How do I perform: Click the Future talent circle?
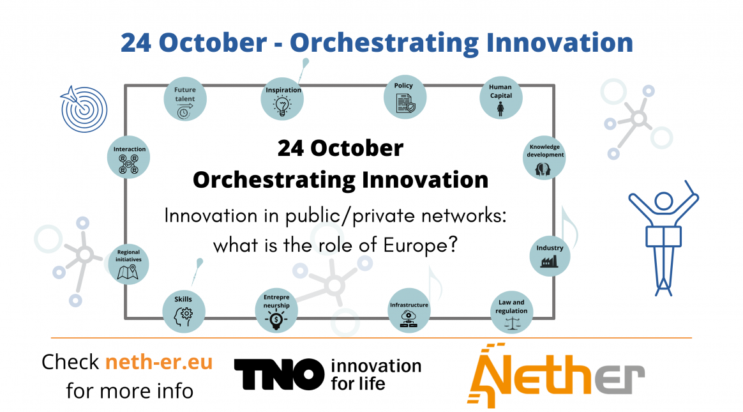point(185,100)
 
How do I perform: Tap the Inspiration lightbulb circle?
point(282,100)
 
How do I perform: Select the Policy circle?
point(404,96)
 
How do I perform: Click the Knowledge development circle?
point(544,158)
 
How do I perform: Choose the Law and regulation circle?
point(511,312)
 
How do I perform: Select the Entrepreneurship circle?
point(276,311)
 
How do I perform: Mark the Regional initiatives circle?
point(128,263)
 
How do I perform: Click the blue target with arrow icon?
point(83,108)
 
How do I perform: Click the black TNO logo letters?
point(279,374)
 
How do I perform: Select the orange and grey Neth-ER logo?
point(555,376)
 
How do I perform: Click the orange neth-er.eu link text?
point(159,362)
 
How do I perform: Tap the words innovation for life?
point(375,374)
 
